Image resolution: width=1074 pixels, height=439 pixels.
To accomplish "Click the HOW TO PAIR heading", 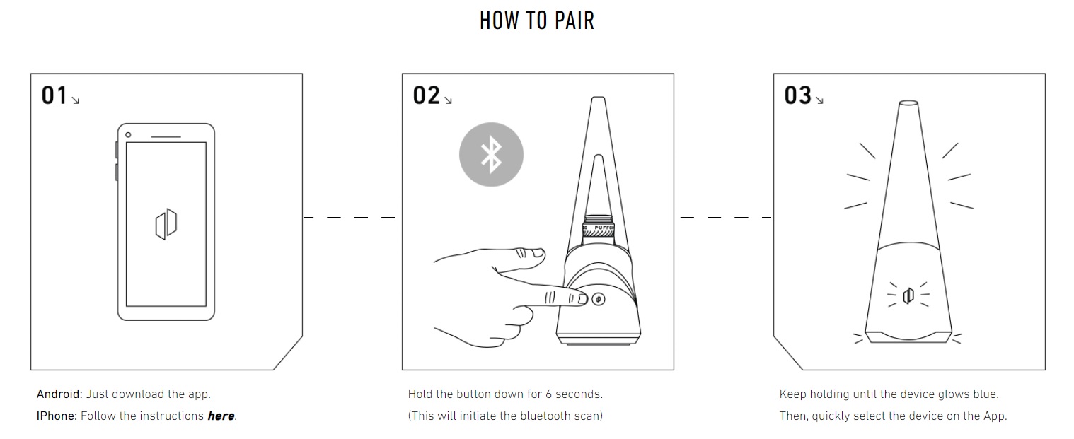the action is (537, 21).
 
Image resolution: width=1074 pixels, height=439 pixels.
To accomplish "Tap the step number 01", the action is (54, 95).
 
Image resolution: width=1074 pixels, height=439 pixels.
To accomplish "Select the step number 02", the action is (426, 95).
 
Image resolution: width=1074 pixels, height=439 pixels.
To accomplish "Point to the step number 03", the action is (798, 95).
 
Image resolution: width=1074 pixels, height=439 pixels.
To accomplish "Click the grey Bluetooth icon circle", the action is (491, 154).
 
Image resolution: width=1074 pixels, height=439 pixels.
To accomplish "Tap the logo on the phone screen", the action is (166, 224).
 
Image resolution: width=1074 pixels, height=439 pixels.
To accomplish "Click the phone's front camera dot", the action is (128, 135).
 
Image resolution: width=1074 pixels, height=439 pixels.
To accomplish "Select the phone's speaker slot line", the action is (166, 137).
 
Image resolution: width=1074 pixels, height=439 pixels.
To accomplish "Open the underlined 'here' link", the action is (221, 416).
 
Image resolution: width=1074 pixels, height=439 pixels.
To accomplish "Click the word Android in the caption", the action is (59, 394).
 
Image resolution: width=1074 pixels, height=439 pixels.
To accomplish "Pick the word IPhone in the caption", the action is (57, 416).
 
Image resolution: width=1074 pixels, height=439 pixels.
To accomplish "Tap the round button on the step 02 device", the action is (598, 300).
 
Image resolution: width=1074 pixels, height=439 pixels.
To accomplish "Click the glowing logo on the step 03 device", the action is (908, 295).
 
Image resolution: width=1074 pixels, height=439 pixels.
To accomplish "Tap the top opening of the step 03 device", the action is (908, 103).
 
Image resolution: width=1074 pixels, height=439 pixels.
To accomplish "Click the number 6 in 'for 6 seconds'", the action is (548, 394).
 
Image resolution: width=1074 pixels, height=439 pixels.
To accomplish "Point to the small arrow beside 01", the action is (75, 100).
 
